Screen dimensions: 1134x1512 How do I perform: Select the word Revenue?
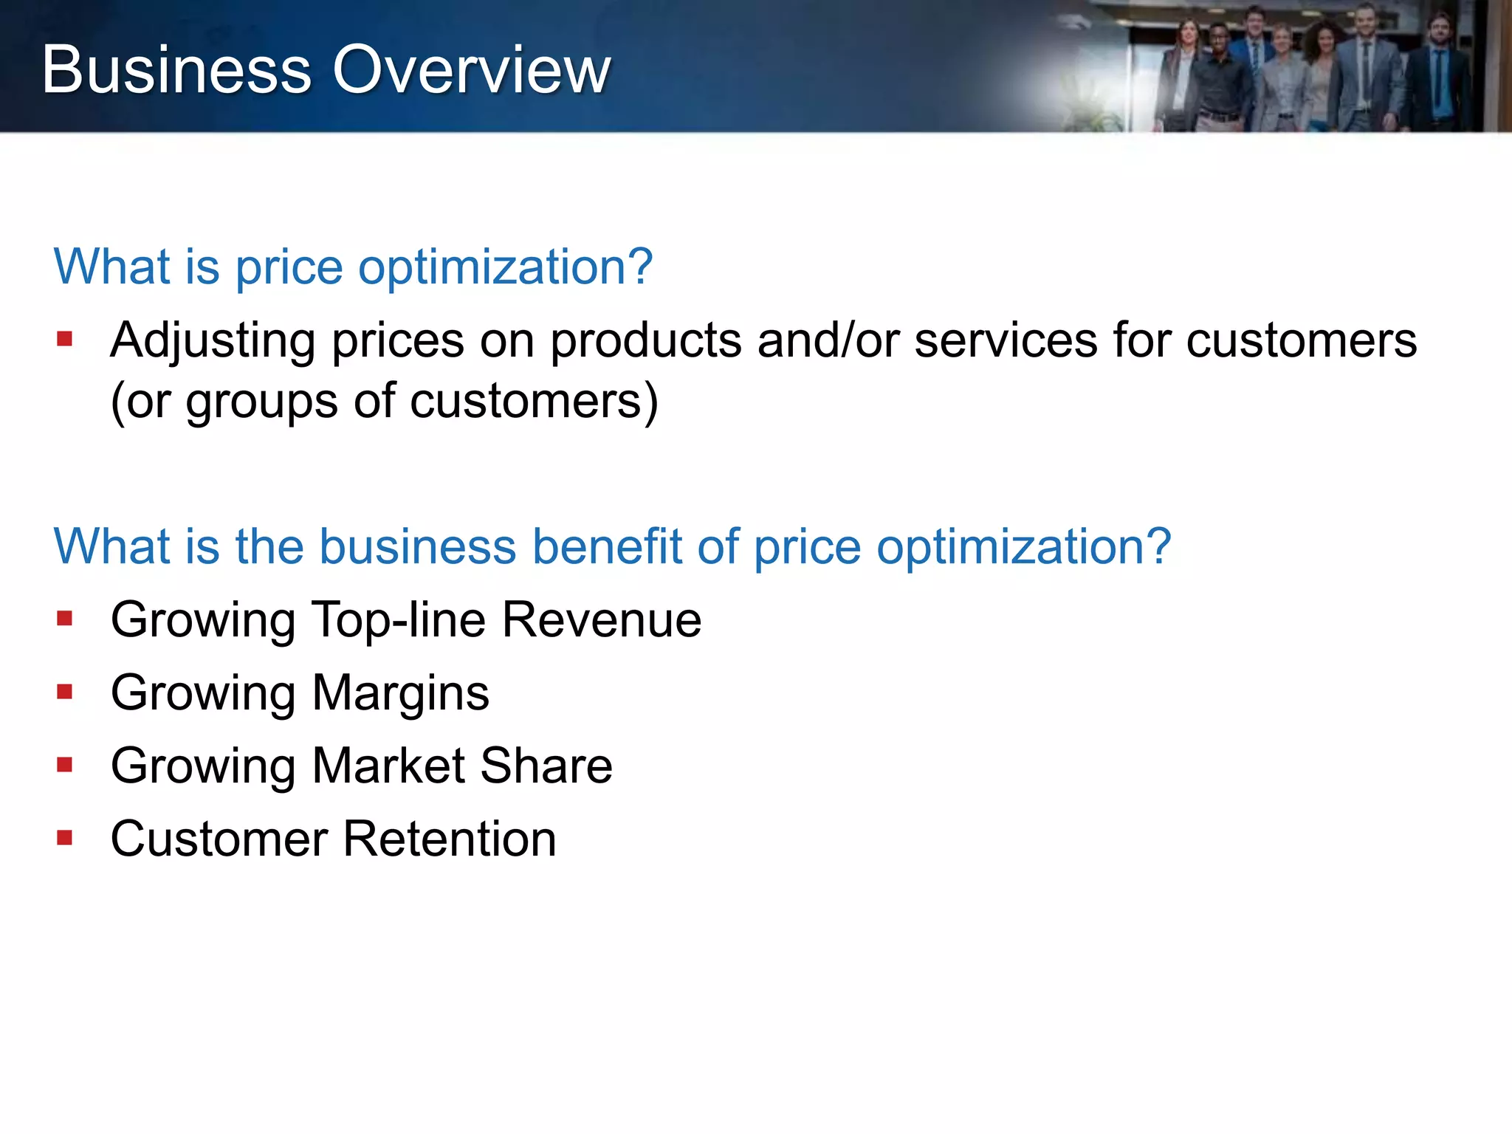tap(602, 619)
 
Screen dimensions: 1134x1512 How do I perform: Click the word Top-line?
tap(399, 619)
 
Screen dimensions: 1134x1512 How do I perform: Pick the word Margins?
tap(400, 694)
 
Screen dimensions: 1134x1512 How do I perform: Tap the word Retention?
tap(450, 839)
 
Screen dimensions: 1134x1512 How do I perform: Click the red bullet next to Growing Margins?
tap(65, 692)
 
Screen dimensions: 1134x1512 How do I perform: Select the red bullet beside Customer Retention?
tap(65, 838)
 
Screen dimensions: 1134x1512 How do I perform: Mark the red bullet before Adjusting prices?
tap(65, 339)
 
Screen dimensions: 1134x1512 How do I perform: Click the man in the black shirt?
tap(1218, 81)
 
